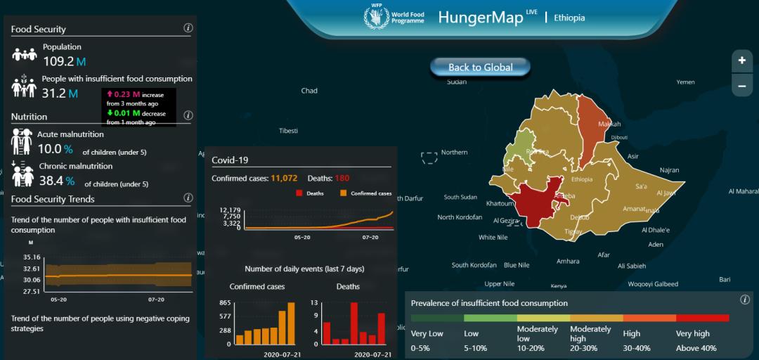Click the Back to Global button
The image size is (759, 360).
click(481, 67)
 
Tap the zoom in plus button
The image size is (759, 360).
click(741, 60)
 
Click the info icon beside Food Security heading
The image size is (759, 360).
click(188, 28)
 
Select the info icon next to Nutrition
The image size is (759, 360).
click(188, 115)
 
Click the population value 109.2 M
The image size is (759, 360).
click(59, 61)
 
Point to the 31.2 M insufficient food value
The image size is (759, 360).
click(54, 94)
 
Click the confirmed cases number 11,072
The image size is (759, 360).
click(284, 179)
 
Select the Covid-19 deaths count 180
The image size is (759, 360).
click(342, 179)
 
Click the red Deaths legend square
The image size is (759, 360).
click(298, 193)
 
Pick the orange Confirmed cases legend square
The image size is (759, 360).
click(343, 193)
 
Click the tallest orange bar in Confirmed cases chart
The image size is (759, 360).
click(291, 323)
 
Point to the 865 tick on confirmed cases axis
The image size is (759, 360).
click(226, 302)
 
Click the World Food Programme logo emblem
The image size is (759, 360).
click(376, 17)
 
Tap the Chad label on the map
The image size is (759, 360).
click(309, 91)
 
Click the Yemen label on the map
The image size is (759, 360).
click(685, 82)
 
